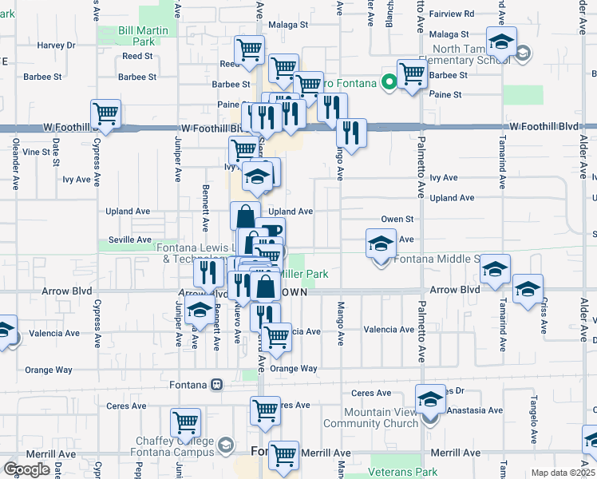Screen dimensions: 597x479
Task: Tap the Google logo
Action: click(26, 469)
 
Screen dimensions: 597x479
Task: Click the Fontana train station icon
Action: click(216, 384)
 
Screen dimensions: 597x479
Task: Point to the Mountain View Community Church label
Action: click(381, 418)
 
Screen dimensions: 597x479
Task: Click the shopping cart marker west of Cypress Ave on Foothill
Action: click(105, 114)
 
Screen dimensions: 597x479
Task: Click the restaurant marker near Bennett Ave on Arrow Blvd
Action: click(208, 272)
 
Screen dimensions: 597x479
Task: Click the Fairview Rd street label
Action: click(452, 14)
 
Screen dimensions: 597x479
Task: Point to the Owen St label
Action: click(397, 219)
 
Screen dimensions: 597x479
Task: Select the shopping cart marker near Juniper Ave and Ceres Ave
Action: click(185, 422)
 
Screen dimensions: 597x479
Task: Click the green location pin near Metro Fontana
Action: click(389, 81)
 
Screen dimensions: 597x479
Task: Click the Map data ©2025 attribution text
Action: click(563, 473)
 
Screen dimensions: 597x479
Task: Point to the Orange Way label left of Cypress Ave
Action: click(48, 370)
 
